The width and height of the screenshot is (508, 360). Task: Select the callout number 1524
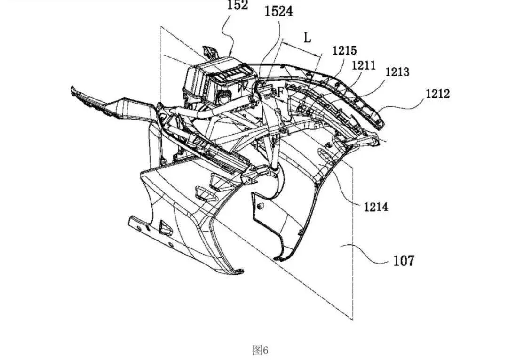coord(278,12)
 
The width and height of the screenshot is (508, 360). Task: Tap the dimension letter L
coord(308,37)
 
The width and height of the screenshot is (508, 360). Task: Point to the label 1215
coord(344,50)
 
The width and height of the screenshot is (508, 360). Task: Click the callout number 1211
coord(364,65)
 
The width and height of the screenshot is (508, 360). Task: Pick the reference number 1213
coord(397,72)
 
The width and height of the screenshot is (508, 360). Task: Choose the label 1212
coord(438,94)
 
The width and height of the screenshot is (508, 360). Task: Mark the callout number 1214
coord(376,207)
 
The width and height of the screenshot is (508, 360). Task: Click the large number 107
coord(404,260)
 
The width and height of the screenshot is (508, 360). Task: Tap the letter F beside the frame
coord(280,92)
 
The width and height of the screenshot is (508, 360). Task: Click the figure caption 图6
coord(260,350)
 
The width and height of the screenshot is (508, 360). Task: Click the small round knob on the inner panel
coord(259,206)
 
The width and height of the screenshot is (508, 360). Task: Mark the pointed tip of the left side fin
coord(72,88)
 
